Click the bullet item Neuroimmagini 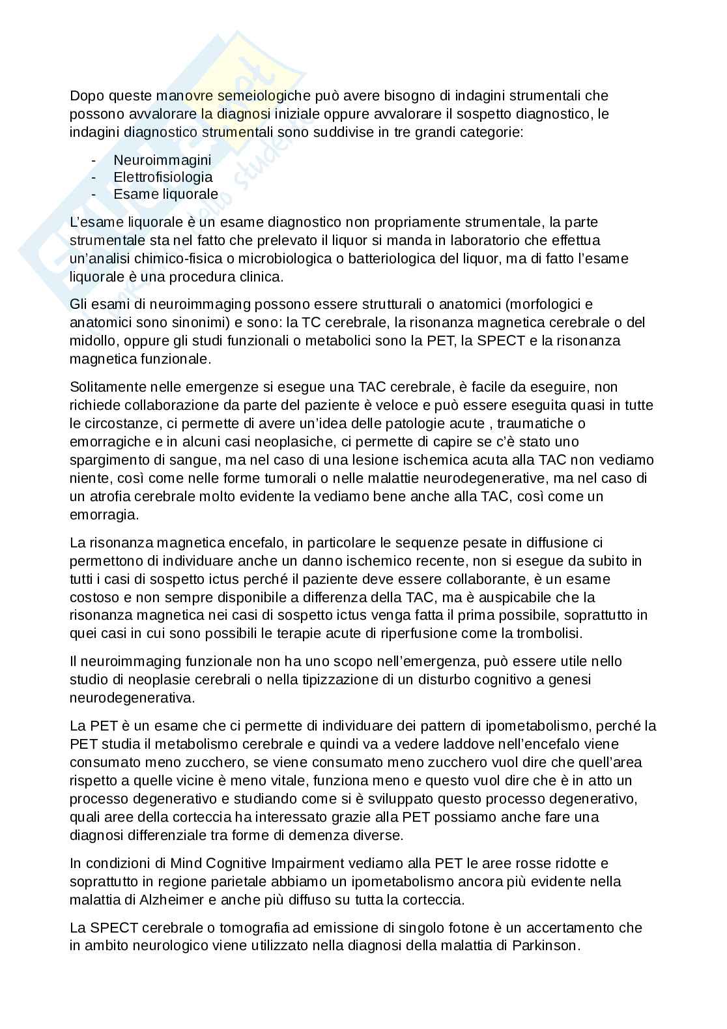click(x=162, y=160)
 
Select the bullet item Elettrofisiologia click(x=163, y=177)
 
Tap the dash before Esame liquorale click(x=95, y=194)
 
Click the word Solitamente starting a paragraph click(x=105, y=387)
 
